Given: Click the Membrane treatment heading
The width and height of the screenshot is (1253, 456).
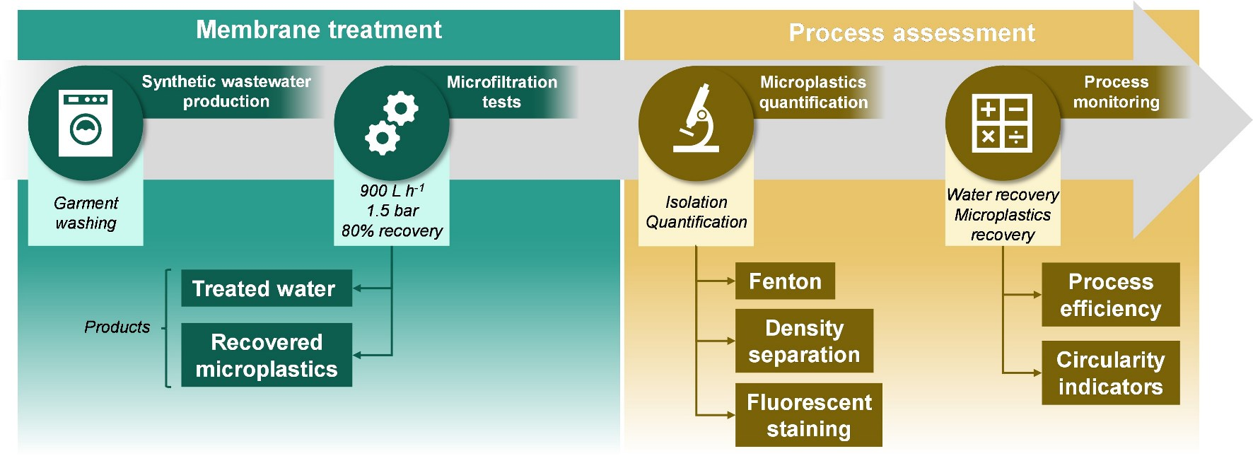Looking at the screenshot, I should pos(318,30).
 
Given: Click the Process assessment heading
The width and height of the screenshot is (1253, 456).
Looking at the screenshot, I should pos(911,33).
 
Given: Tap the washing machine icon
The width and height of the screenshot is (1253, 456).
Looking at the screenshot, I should pos(86,123).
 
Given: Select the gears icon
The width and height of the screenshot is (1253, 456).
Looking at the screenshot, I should pos(391,123).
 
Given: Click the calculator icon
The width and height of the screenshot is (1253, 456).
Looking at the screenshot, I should pos(1002,123).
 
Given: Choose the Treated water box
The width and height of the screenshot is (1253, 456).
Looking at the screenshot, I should pos(266,288).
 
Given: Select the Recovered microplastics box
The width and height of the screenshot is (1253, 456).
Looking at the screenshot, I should pos(266,355).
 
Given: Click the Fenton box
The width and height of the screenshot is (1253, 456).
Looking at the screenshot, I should pos(785,281).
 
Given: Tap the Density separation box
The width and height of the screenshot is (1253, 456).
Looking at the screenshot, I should pos(804,341).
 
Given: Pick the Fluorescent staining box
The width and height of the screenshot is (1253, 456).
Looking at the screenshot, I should pos(808,415).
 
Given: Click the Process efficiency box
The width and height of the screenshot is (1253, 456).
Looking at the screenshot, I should pos(1110,295).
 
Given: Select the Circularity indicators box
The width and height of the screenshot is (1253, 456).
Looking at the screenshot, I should pos(1110,373).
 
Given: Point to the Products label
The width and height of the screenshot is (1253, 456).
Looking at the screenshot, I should pos(117,327).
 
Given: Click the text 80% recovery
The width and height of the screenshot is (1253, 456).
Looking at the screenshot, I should pos(392,231).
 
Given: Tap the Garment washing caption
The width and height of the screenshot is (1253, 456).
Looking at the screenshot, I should pos(86,213).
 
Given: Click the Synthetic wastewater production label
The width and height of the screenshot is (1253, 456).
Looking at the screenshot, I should pos(226,91).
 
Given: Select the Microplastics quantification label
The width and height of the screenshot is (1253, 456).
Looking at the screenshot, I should pos(813,92).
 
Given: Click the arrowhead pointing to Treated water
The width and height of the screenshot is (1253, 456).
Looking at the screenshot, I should pos(357,288).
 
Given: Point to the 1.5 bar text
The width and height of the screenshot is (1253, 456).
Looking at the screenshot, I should pos(392,211).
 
